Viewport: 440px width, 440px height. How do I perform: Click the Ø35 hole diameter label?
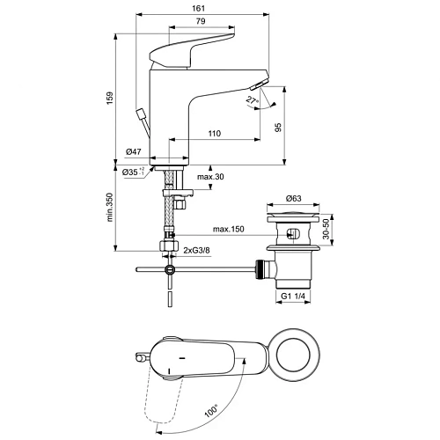(x=134, y=172)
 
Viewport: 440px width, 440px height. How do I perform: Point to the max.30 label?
(x=209, y=179)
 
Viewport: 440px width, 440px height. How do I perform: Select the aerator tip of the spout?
(x=257, y=84)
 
